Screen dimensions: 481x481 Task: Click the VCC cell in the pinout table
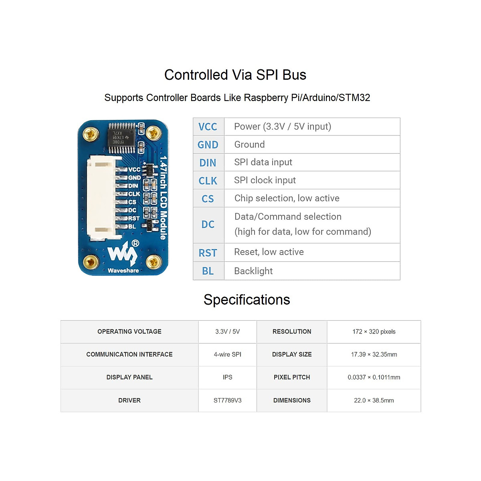(x=208, y=127)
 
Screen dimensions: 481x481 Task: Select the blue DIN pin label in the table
(x=208, y=163)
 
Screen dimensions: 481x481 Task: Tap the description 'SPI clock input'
(x=265, y=180)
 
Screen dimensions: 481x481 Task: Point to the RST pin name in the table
(x=208, y=253)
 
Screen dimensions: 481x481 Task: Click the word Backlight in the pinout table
(x=253, y=271)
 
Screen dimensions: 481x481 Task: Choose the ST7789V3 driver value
(x=227, y=400)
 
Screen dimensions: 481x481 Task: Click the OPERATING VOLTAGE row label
(x=129, y=331)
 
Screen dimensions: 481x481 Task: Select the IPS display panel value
(x=227, y=377)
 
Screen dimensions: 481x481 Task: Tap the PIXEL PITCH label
(x=292, y=377)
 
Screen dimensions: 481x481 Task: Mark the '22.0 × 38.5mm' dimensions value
(x=374, y=400)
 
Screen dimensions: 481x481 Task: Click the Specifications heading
(x=247, y=300)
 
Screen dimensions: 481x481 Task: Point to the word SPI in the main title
(x=267, y=75)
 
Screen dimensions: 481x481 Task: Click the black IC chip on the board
(x=122, y=138)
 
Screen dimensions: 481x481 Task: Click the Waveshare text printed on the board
(x=123, y=271)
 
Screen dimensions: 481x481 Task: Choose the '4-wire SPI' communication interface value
(x=227, y=354)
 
